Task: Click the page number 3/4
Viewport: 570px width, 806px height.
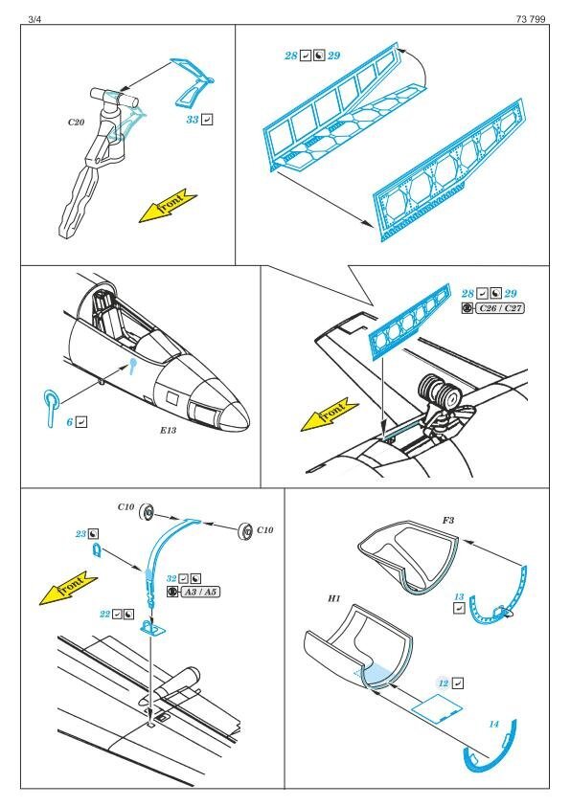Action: (34, 19)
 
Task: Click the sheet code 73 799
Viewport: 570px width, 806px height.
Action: (531, 19)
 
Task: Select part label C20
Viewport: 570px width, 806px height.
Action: (76, 123)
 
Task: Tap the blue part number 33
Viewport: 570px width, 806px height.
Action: (193, 120)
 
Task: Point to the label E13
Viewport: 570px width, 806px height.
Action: (169, 430)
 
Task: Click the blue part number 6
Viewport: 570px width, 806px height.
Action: (69, 422)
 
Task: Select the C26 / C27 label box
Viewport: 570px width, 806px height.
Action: (499, 308)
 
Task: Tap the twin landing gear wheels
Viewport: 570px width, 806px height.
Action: (441, 392)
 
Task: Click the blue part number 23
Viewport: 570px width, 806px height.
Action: (80, 534)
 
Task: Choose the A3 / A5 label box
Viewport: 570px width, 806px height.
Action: (200, 593)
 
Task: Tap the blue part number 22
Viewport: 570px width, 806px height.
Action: (105, 615)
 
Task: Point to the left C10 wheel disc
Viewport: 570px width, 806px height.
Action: (148, 512)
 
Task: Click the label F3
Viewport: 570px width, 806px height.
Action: (448, 520)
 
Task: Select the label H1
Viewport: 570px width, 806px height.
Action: (334, 599)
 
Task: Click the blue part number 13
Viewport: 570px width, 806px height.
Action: (459, 596)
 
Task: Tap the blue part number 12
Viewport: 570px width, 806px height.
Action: (444, 683)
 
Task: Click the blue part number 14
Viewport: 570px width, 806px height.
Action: (494, 725)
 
